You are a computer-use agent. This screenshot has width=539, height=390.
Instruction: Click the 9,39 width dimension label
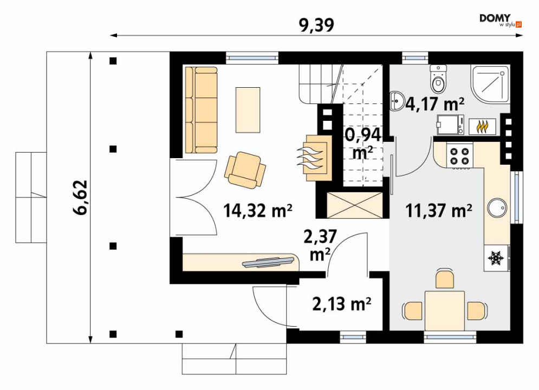[316, 25]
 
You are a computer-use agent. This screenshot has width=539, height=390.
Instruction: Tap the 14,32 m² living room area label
[258, 210]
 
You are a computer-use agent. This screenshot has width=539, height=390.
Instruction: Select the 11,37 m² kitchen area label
[438, 210]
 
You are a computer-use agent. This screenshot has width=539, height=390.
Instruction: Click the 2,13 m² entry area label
[342, 304]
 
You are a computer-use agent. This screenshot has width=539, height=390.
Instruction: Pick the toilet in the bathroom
[438, 79]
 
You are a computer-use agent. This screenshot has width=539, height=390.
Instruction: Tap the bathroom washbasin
[398, 101]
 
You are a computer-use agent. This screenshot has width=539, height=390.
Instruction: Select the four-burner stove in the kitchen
[459, 155]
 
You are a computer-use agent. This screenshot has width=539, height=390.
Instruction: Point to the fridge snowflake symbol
[496, 258]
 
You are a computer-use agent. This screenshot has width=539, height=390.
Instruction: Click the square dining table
[444, 310]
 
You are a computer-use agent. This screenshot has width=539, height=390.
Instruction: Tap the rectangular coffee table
[248, 109]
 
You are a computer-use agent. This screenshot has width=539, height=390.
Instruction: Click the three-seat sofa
[202, 109]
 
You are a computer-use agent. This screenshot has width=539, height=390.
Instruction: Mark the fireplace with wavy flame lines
[315, 158]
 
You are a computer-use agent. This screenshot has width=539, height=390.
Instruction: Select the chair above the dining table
[445, 278]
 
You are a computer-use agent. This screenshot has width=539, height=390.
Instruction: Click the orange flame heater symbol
[483, 127]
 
